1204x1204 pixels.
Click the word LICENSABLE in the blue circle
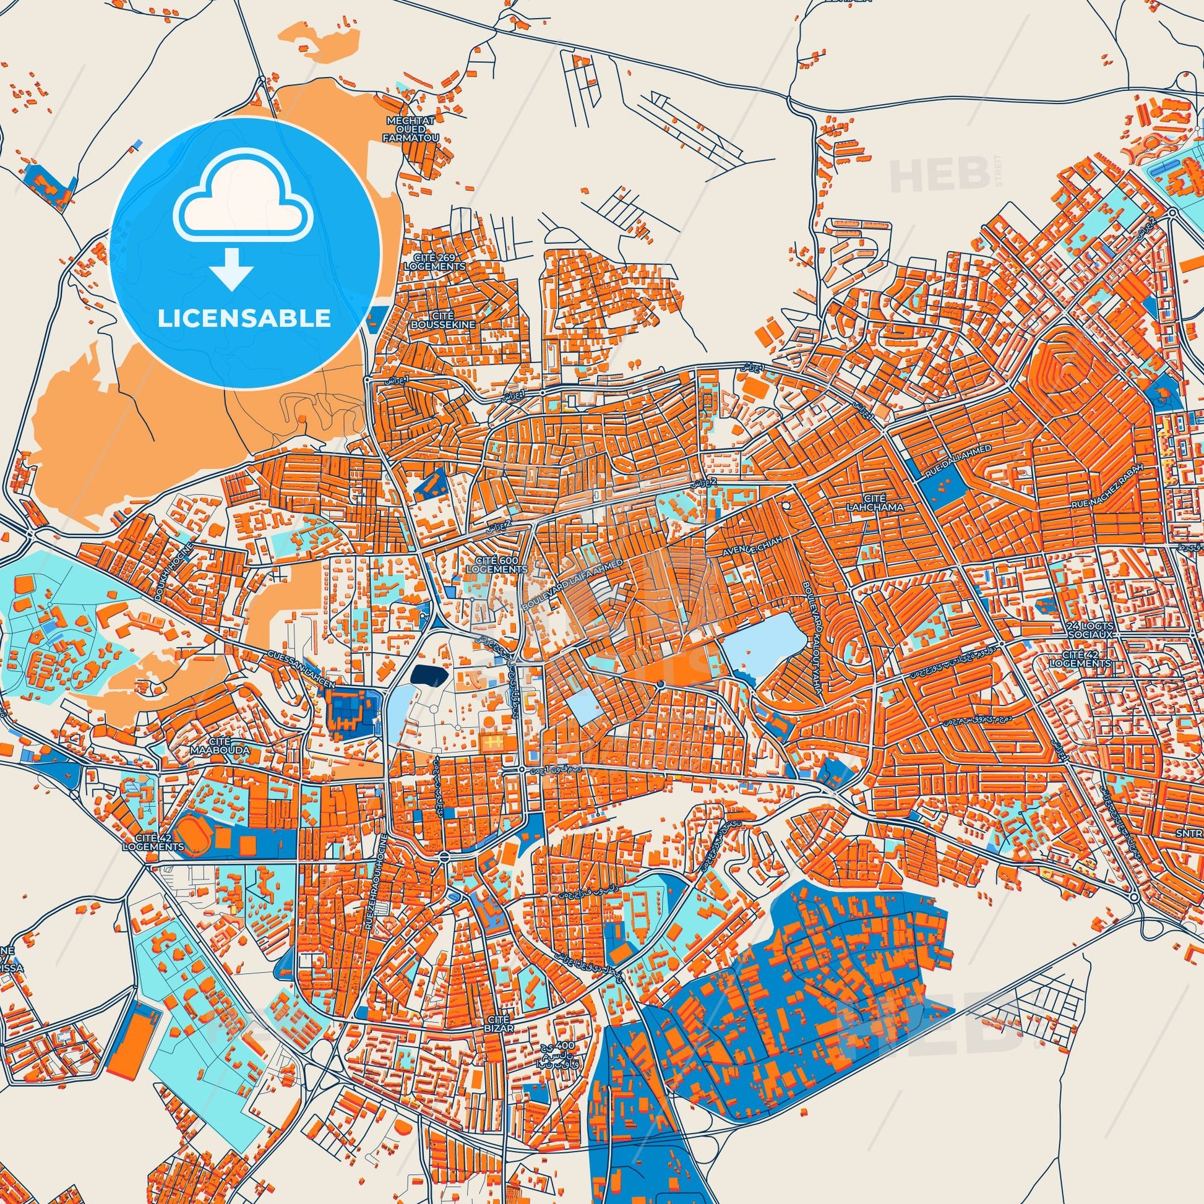[244, 319]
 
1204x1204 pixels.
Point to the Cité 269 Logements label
[434, 261]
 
